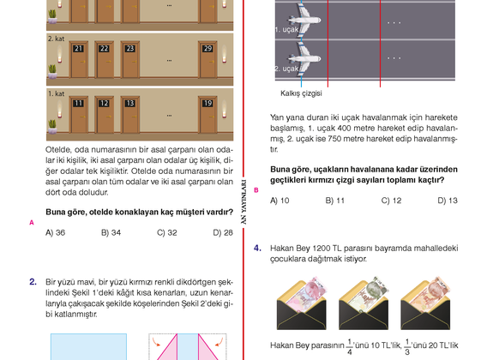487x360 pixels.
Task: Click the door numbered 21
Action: [79, 59]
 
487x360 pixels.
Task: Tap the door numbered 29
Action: [207, 59]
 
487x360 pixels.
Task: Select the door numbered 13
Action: [129, 115]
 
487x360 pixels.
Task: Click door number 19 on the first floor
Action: [207, 115]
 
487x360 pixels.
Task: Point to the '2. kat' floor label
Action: [57, 39]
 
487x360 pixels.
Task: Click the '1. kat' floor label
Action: [57, 93]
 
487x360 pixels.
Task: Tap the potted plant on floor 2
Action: [52, 71]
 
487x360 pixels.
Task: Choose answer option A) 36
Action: [55, 232]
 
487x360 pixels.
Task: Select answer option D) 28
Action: [223, 232]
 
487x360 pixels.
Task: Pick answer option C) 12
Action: [391, 201]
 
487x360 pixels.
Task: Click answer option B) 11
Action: [334, 201]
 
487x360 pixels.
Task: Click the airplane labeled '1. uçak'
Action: [304, 21]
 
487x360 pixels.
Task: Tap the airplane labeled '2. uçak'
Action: [304, 58]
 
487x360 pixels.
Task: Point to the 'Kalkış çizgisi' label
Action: [301, 93]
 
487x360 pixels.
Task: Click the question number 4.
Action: [257, 249]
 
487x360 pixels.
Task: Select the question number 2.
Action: [33, 282]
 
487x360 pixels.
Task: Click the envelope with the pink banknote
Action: [301, 303]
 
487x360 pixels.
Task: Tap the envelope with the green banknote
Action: [364, 303]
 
